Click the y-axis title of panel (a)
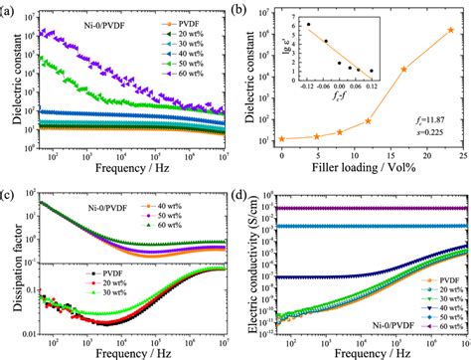12,80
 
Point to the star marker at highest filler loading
450,30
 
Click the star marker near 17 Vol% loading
403,70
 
